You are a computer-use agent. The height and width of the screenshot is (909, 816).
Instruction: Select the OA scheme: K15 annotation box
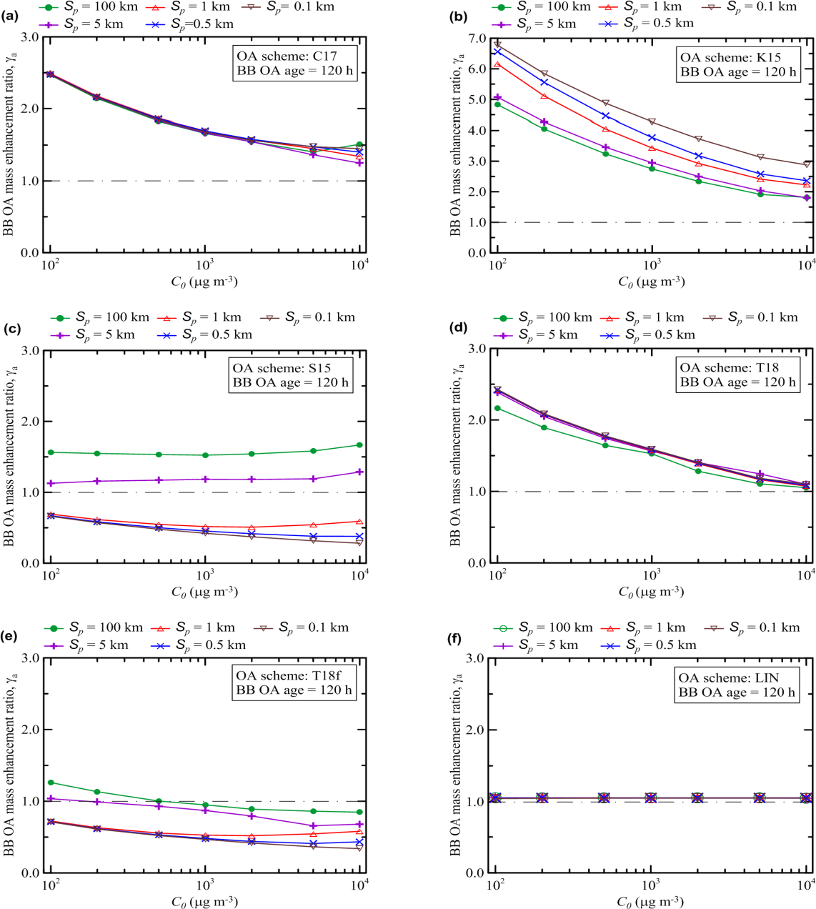[737, 64]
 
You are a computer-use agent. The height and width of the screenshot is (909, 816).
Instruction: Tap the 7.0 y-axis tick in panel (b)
[477, 39]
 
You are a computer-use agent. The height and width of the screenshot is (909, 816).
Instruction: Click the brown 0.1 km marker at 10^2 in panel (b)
[497, 44]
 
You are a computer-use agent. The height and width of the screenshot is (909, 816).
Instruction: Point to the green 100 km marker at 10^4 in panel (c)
[359, 445]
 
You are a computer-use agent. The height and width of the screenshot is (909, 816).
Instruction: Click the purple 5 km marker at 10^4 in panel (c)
[359, 472]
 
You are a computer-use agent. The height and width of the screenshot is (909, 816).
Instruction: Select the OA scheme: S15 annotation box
[291, 375]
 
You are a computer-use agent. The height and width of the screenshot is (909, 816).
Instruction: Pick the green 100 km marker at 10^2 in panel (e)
[51, 783]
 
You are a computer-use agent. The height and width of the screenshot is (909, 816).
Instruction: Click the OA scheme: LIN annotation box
[736, 685]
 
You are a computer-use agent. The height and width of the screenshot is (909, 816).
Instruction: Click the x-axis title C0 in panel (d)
[651, 592]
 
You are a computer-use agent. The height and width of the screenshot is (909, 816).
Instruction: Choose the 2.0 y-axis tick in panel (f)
[476, 730]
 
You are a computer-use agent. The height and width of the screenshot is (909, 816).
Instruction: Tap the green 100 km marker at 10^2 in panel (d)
[497, 408]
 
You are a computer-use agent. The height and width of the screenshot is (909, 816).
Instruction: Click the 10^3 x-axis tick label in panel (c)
[205, 576]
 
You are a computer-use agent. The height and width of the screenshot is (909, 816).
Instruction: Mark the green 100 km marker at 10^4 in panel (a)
[359, 145]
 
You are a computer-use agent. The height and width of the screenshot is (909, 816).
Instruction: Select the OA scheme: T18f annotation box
[294, 682]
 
